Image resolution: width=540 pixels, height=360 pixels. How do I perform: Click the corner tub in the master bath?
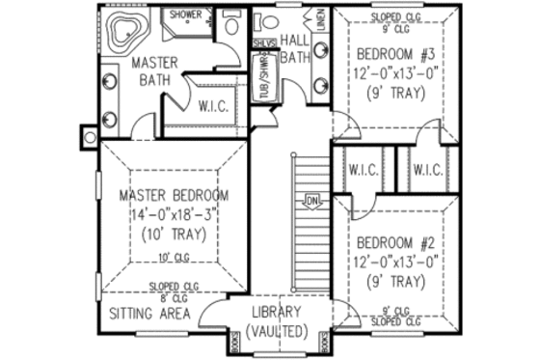click(x=122, y=34)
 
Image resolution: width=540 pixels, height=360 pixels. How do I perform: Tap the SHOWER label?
click(x=185, y=15)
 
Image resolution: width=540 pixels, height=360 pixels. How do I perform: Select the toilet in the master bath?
click(x=230, y=25)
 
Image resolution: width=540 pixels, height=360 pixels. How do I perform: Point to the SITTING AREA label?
click(x=148, y=314)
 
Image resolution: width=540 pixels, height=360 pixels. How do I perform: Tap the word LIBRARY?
click(x=277, y=312)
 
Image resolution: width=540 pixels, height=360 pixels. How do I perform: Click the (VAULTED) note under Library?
click(x=277, y=331)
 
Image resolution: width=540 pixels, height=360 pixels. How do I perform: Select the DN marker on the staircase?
click(x=311, y=201)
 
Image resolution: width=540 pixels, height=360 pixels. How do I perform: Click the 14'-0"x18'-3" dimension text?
click(x=175, y=215)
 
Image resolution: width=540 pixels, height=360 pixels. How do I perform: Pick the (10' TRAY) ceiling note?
click(x=175, y=235)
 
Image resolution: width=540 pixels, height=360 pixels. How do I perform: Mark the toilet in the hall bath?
click(x=269, y=21)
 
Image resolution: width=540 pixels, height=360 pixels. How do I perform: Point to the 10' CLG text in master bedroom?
click(x=173, y=257)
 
